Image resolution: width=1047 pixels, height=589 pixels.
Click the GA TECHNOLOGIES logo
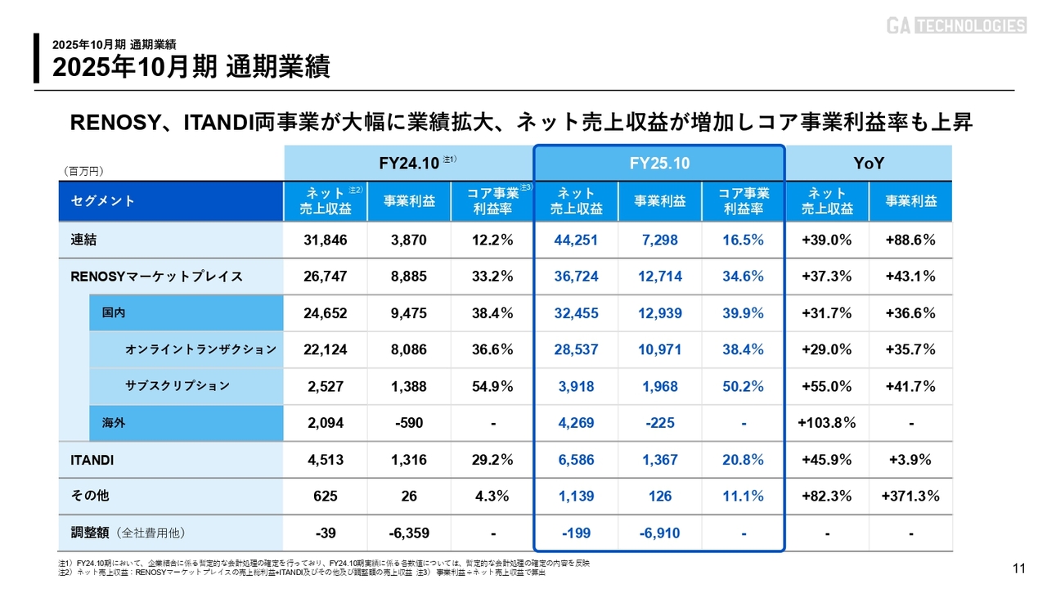955,25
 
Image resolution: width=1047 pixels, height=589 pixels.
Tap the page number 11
1019,569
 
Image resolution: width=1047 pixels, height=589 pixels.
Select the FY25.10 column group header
659,164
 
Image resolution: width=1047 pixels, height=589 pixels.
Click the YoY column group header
869,164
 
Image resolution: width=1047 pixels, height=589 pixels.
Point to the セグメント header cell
103,201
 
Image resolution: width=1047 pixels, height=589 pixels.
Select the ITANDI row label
92,460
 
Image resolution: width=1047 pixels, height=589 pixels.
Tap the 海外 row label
114,423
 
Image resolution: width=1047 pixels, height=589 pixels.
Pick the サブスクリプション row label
177,386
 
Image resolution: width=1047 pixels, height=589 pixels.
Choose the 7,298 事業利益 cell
659,240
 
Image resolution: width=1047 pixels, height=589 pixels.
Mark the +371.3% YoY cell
910,497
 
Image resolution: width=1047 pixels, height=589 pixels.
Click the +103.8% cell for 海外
827,423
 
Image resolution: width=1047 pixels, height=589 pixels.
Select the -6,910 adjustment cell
659,533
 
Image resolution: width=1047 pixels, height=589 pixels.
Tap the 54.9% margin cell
492,386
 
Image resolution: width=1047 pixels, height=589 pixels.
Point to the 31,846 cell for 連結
326,240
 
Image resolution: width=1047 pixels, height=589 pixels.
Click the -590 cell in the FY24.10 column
409,423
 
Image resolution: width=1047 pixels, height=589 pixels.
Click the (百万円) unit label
83,171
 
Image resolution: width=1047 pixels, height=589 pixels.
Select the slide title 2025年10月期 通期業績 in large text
191,67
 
